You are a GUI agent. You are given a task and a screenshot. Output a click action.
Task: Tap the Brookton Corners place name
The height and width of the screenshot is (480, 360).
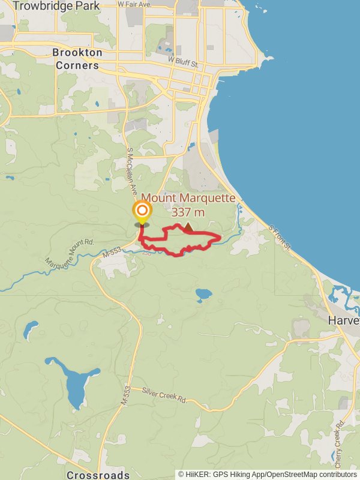[x=76, y=59]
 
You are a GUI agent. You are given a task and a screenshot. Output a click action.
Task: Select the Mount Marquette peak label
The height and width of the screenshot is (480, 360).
[x=188, y=199]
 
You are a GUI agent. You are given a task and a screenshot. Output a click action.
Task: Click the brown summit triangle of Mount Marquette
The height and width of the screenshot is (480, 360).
[x=188, y=227]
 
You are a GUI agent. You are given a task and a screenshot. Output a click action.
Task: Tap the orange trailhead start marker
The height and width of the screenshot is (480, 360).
[x=142, y=211]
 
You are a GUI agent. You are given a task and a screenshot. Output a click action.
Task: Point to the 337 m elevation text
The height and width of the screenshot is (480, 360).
[x=188, y=212]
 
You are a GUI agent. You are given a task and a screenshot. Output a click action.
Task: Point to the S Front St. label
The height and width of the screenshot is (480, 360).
[x=280, y=238]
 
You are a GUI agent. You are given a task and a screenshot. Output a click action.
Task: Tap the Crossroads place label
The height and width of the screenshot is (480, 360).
[x=98, y=475]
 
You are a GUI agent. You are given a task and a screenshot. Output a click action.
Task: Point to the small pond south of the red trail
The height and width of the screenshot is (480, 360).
[x=203, y=295]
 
